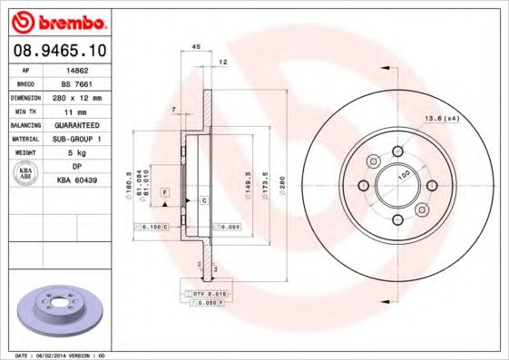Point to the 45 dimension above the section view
pyautogui.click(x=196, y=47)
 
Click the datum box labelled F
pyautogui.click(x=165, y=193)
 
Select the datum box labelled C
pyautogui.click(x=203, y=199)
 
